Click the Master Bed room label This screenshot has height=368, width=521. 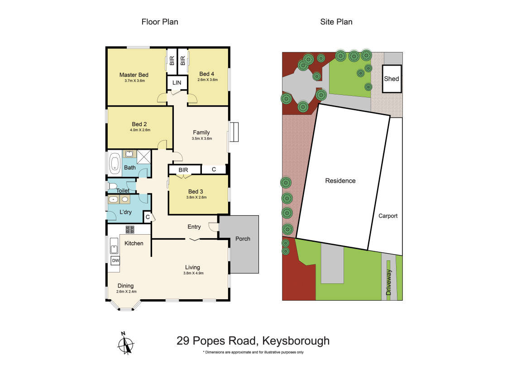134,75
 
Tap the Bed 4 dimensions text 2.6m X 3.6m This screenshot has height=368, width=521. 208,80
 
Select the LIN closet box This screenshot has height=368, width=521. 177,82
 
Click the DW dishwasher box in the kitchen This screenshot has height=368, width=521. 115,260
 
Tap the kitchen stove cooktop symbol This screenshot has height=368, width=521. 130,229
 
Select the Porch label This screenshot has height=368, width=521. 243,239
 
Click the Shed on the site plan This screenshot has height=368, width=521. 392,79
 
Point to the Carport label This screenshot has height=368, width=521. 388,216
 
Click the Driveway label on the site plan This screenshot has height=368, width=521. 389,283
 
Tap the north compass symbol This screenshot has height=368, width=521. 125,344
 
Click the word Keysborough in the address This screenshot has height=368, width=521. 299,341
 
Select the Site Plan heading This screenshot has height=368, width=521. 336,22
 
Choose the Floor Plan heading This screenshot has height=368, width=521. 160,22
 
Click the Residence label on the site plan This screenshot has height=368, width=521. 340,181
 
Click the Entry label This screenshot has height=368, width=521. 194,226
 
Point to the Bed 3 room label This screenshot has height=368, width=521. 196,191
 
